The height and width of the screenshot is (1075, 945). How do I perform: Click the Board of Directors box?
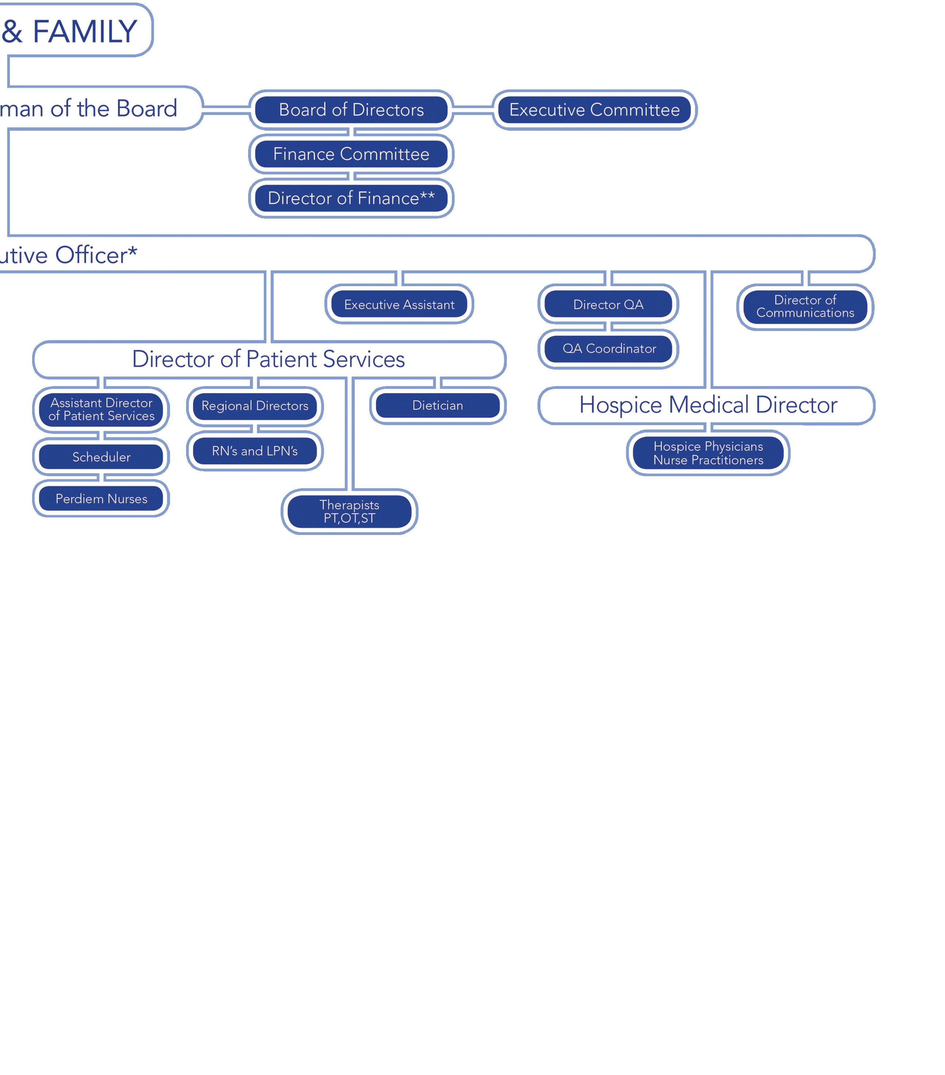(351, 109)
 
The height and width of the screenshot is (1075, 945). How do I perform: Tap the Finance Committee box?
(351, 154)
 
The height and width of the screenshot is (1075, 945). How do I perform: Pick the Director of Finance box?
(351, 198)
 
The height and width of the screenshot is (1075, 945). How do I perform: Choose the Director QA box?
(608, 305)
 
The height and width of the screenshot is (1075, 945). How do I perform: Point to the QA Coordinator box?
(609, 349)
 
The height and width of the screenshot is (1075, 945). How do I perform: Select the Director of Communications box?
(805, 307)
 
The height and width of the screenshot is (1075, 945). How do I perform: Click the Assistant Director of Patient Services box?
(101, 409)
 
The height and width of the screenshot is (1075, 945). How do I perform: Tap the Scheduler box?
(101, 456)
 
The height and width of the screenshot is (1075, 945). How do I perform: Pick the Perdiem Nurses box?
(101, 498)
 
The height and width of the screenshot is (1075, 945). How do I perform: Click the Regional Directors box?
(255, 405)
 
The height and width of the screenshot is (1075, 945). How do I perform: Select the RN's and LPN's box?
(255, 451)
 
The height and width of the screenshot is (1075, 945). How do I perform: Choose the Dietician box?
(437, 405)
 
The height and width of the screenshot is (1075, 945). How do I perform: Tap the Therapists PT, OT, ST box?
(349, 511)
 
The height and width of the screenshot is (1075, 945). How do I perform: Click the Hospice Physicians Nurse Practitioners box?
(708, 453)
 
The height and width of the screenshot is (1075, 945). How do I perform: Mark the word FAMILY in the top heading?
(85, 31)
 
